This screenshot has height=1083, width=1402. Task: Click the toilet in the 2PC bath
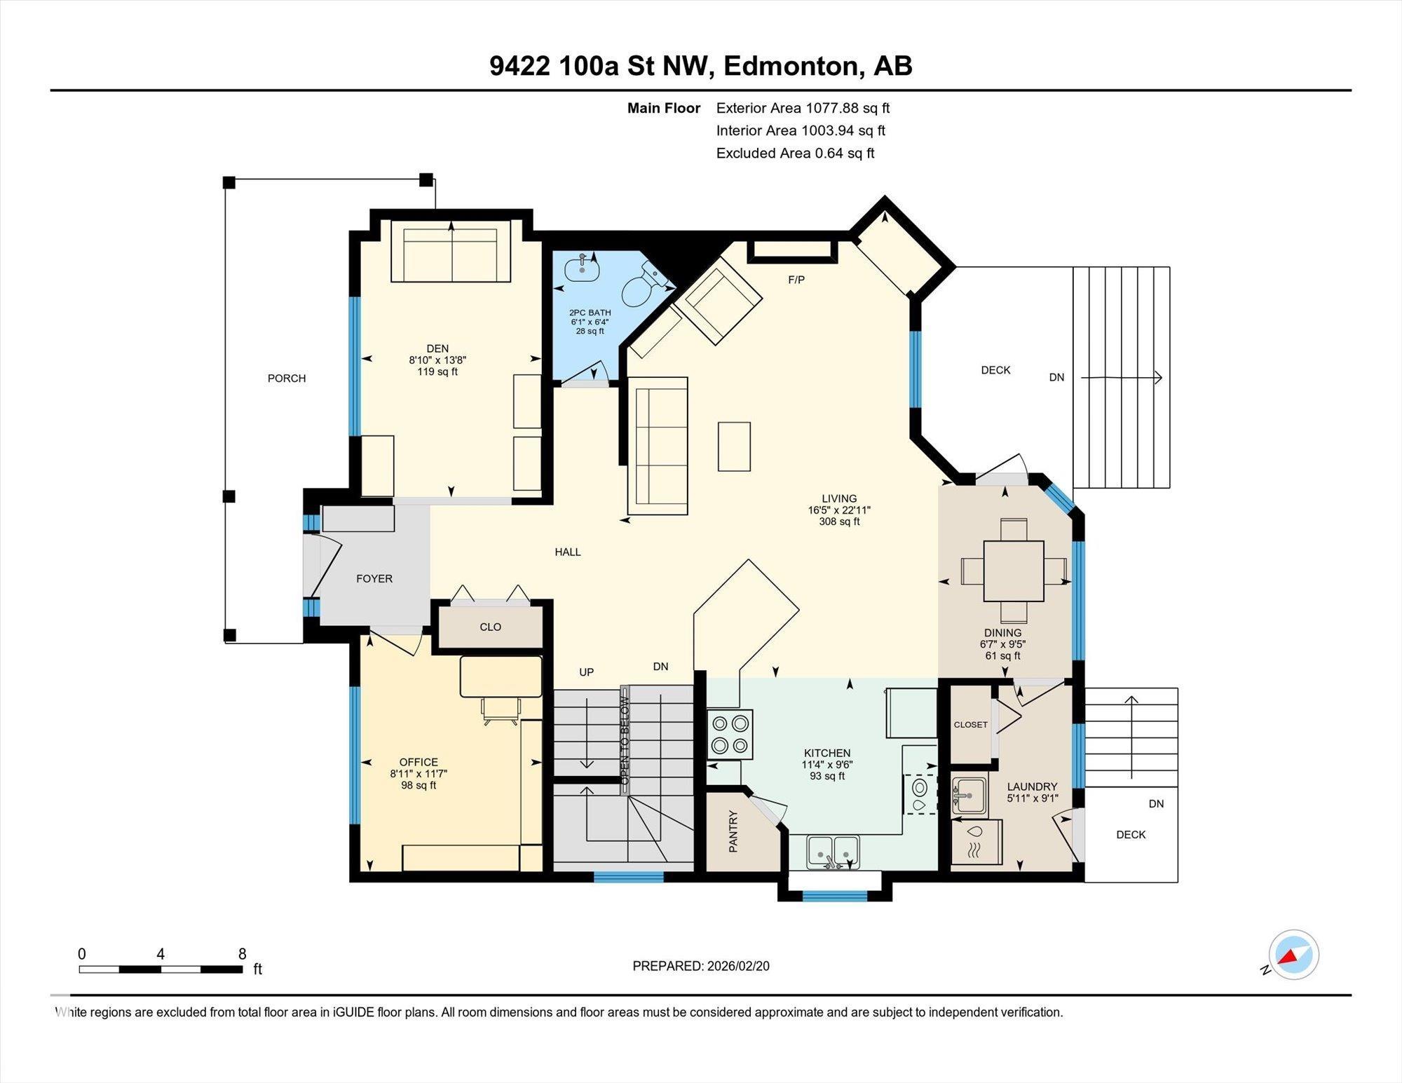pyautogui.click(x=642, y=287)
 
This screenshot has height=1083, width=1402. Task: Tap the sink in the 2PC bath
pyautogui.click(x=582, y=267)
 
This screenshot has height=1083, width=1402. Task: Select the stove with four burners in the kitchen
pyautogui.click(x=730, y=735)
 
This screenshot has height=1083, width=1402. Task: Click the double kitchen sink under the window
pyautogui.click(x=833, y=852)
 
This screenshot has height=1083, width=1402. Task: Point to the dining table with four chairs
pyautogui.click(x=1014, y=571)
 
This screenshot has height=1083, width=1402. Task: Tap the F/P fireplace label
pyautogui.click(x=796, y=280)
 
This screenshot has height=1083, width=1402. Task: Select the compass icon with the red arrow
pyautogui.click(x=1293, y=955)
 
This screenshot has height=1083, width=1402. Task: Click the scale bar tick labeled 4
pyautogui.click(x=161, y=954)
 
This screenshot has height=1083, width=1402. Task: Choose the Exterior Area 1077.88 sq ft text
pyautogui.click(x=803, y=108)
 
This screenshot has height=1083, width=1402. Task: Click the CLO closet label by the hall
pyautogui.click(x=490, y=627)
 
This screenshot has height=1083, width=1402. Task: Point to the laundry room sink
pyautogui.click(x=969, y=796)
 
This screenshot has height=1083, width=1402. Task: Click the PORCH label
pyautogui.click(x=287, y=379)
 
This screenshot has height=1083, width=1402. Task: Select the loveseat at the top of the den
pyautogui.click(x=451, y=252)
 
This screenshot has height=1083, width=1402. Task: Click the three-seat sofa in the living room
pyautogui.click(x=658, y=446)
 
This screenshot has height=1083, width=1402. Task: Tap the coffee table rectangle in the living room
pyautogui.click(x=734, y=446)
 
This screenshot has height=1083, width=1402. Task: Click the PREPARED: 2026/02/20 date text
pyautogui.click(x=700, y=966)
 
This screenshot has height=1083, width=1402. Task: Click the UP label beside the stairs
pyautogui.click(x=586, y=672)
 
